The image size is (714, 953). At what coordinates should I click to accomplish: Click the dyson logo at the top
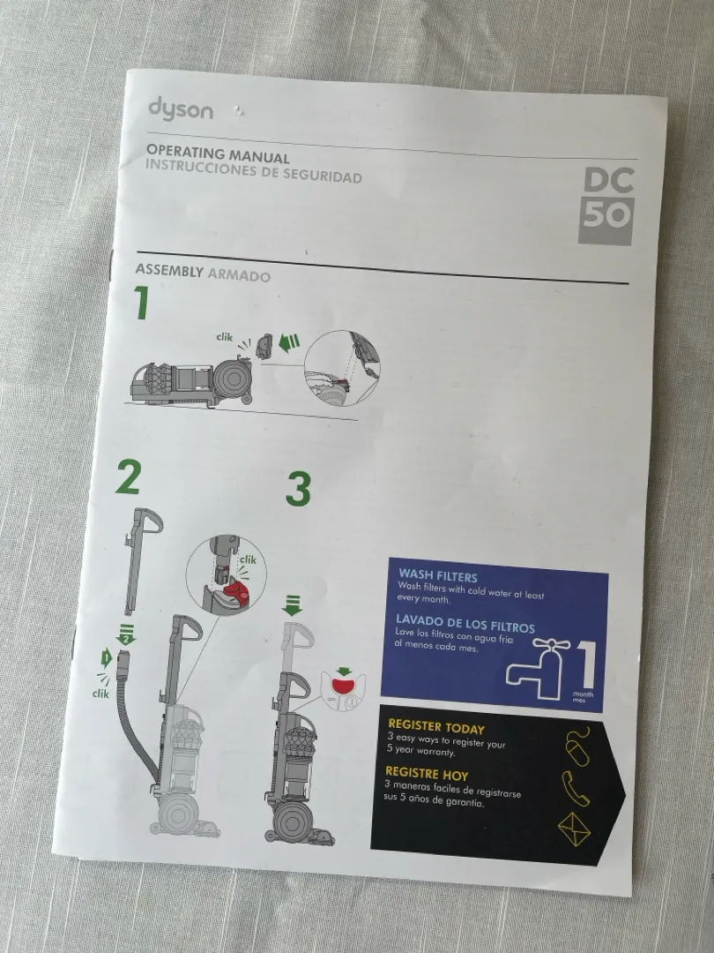click(181, 109)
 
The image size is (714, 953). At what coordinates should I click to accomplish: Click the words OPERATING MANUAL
click(218, 154)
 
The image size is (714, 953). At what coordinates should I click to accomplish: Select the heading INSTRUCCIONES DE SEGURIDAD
click(254, 170)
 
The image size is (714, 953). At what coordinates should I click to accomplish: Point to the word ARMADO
click(239, 275)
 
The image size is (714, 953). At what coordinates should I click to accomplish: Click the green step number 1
click(141, 303)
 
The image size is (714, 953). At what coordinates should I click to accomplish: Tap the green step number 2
click(128, 477)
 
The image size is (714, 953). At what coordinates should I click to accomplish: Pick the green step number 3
click(298, 489)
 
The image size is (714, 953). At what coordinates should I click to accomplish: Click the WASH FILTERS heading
click(438, 576)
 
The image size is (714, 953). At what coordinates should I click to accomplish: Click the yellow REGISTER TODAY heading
click(436, 727)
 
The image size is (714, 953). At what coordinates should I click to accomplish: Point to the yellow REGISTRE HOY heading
click(427, 774)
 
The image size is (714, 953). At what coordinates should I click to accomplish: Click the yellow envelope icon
click(575, 829)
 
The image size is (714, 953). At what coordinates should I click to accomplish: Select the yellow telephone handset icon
click(575, 788)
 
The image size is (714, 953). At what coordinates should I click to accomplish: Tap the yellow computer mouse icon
click(576, 747)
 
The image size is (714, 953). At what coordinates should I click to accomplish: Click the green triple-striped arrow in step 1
click(289, 343)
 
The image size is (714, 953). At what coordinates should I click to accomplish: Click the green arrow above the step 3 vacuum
click(292, 606)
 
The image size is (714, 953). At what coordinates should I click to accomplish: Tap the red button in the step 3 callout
click(343, 686)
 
